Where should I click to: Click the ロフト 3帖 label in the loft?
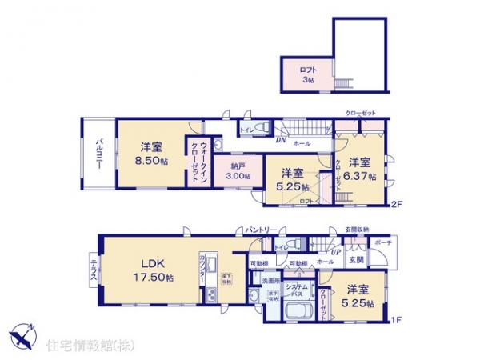click(308, 74)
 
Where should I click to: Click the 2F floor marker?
click(397, 204)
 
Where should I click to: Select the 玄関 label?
click(356, 260)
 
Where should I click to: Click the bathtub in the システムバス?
click(294, 306)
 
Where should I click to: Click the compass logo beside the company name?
click(23, 336)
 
